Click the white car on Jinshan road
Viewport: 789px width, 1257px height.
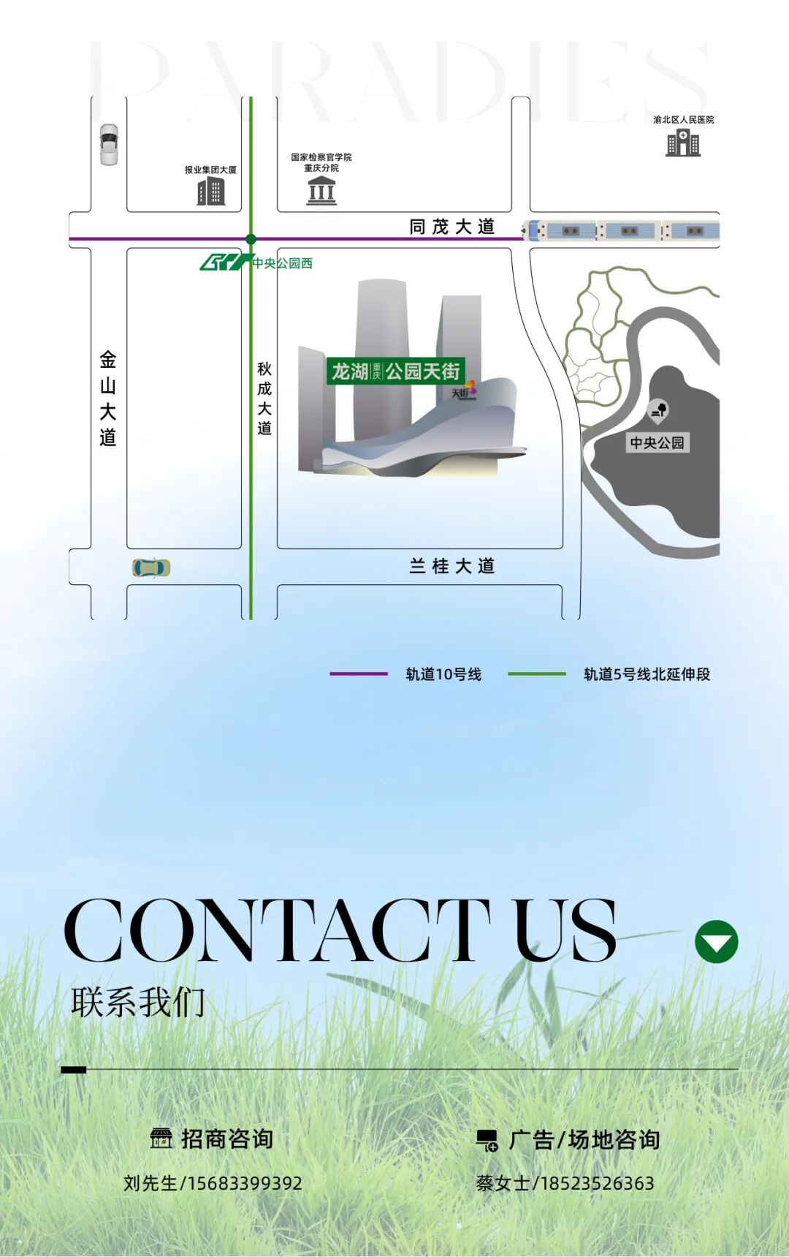click(x=109, y=145)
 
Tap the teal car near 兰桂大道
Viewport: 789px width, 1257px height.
click(x=151, y=567)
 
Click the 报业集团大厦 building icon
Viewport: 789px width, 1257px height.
click(x=211, y=192)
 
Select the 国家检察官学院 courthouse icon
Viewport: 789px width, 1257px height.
click(x=321, y=191)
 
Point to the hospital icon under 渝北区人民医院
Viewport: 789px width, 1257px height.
click(x=683, y=143)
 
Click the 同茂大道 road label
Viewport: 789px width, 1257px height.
click(x=452, y=227)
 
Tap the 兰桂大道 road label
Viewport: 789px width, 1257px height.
click(x=452, y=566)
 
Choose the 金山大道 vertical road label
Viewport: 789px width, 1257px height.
click(x=108, y=399)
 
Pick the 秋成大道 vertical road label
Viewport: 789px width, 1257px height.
click(x=264, y=399)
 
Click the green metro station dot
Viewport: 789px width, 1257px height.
click(x=251, y=239)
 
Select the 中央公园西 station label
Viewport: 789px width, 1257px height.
click(x=282, y=263)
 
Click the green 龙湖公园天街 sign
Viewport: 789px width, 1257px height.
click(x=395, y=371)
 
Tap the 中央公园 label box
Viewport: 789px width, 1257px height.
click(x=657, y=442)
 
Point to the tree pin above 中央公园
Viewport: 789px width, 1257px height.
click(x=658, y=411)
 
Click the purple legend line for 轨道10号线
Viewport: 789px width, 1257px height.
click(x=358, y=673)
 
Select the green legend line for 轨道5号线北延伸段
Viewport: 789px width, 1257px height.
click(x=536, y=673)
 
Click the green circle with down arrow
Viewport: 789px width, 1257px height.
click(x=716, y=942)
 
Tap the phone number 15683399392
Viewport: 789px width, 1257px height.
click(x=245, y=1183)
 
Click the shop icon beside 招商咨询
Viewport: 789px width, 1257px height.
click(x=161, y=1139)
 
